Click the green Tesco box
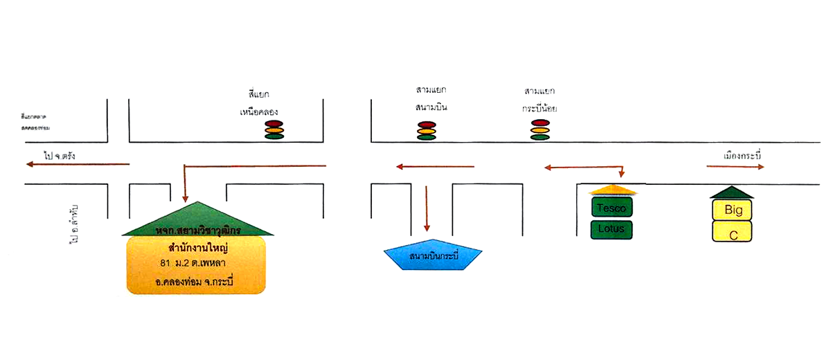tap(611, 207)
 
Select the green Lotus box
tap(611, 229)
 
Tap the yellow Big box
tap(733, 208)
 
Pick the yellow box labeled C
tap(733, 231)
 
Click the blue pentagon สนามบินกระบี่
tap(433, 258)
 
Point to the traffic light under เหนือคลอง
tap(275, 129)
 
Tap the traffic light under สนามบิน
tap(427, 131)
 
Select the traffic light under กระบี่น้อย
tap(541, 129)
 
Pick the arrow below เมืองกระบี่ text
tap(735, 167)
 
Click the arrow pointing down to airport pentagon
tap(427, 208)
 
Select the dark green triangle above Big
tap(732, 192)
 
